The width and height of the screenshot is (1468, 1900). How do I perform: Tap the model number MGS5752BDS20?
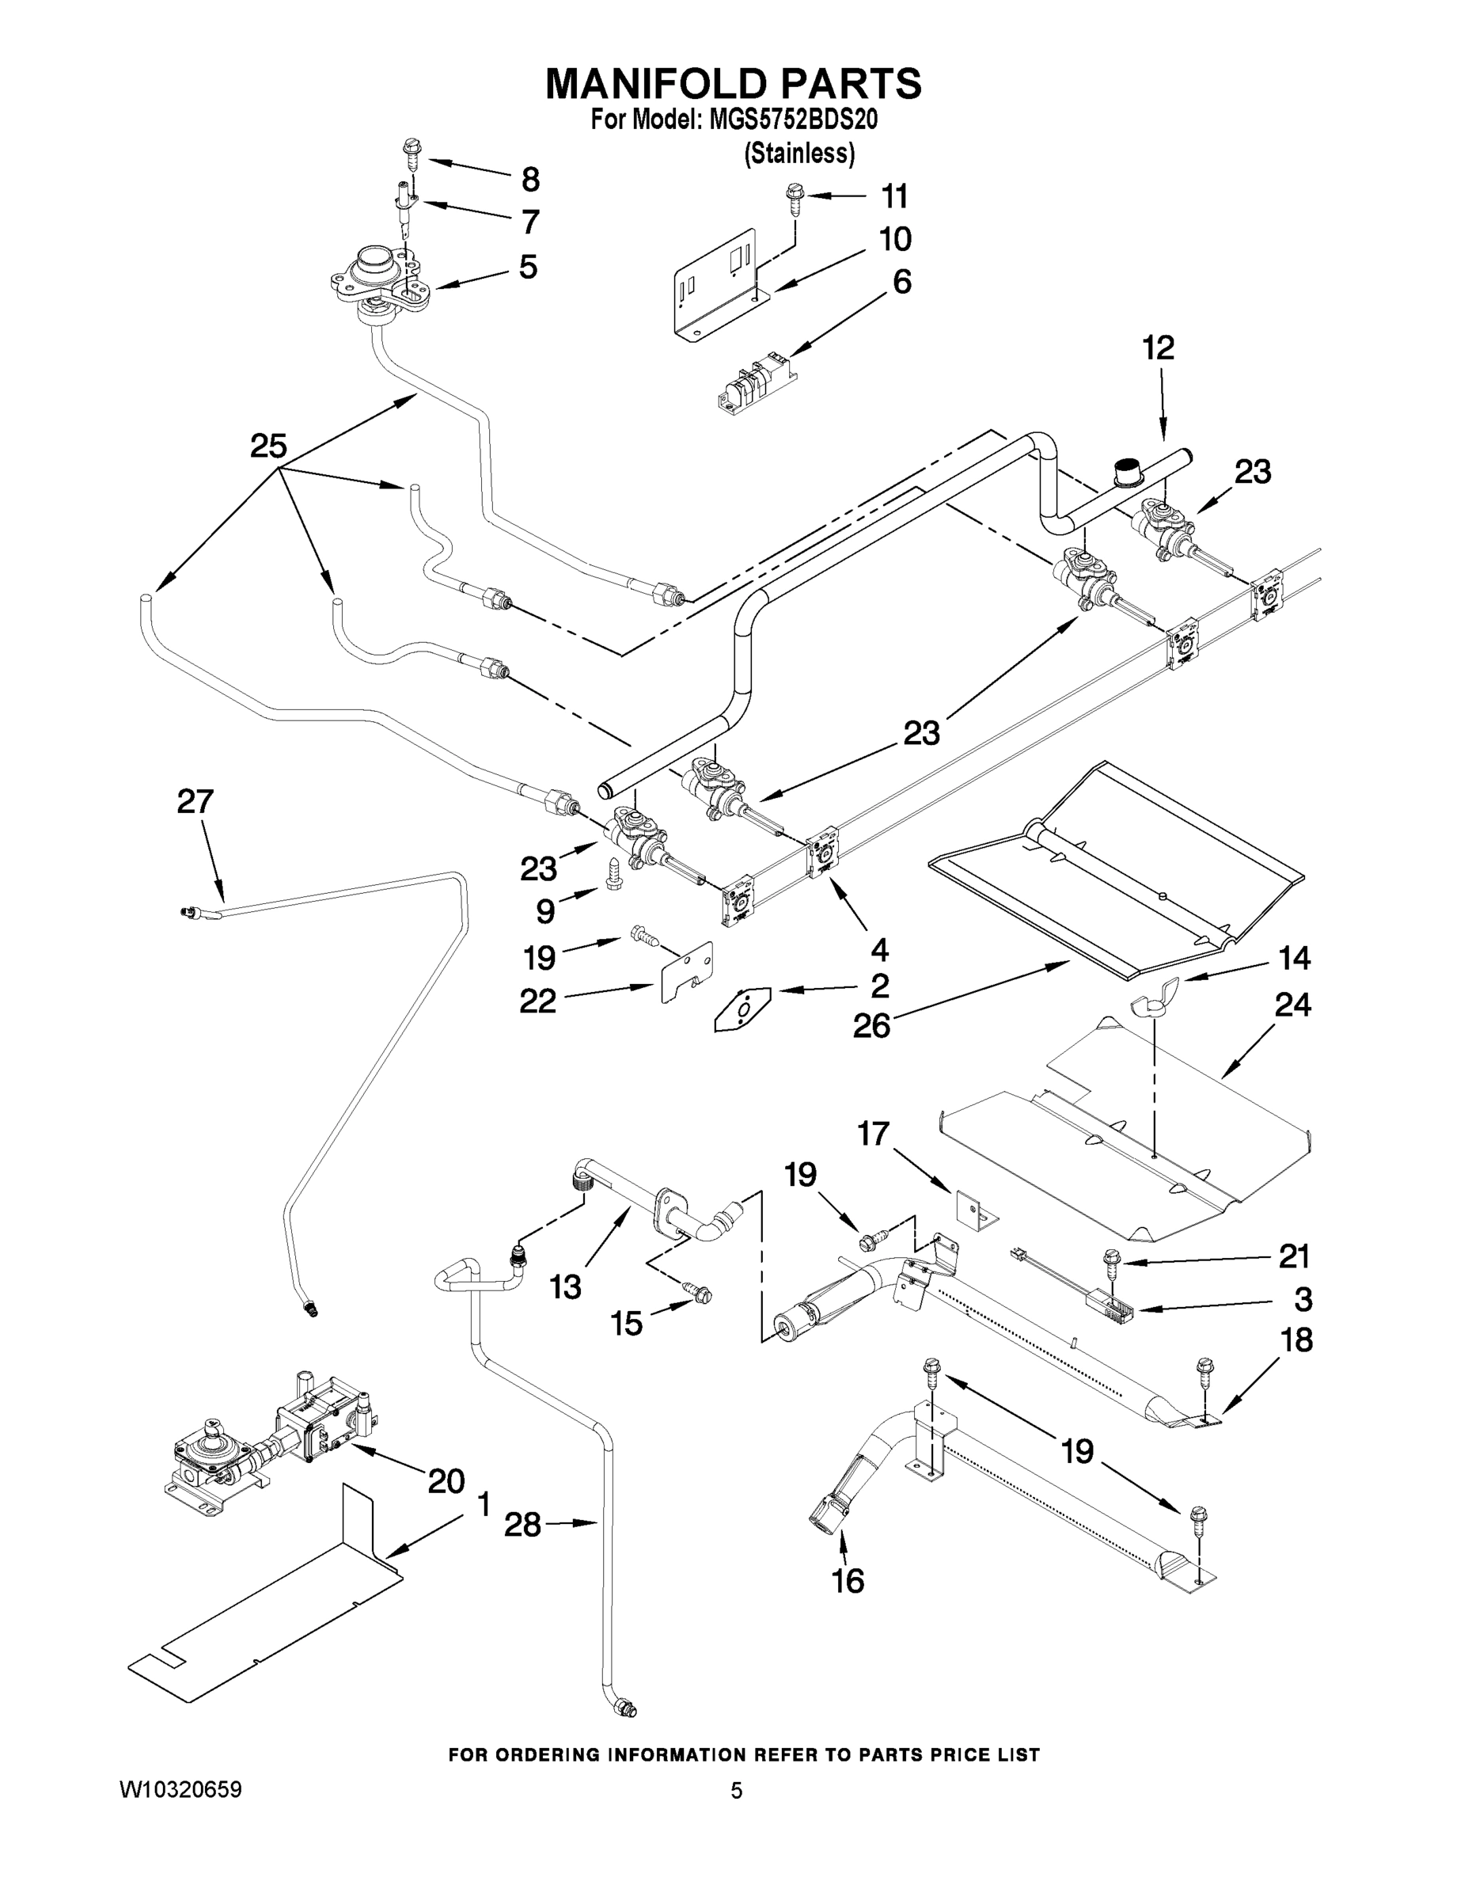pos(792,120)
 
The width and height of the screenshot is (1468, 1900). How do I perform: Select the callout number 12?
pos(1158,348)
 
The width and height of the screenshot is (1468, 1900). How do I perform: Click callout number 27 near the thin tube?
pos(195,801)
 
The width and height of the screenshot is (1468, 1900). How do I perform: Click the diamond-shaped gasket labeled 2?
pos(742,1009)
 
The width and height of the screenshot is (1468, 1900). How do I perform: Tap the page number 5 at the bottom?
pos(736,1791)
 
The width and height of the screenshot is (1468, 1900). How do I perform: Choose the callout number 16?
pos(848,1580)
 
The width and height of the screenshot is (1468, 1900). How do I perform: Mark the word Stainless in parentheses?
pos(799,153)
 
